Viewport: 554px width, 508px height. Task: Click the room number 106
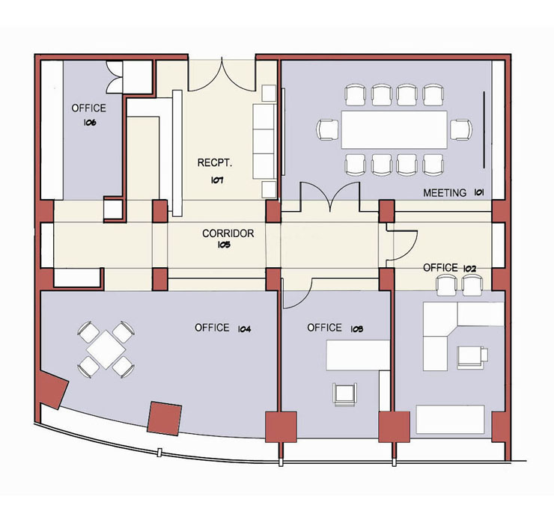coord(90,123)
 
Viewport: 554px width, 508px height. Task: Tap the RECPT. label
coord(215,163)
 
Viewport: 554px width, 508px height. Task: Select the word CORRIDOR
coord(228,233)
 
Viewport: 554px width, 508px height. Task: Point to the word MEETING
coord(445,193)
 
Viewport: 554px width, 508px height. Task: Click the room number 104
coord(244,329)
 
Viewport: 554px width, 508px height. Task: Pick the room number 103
coord(357,329)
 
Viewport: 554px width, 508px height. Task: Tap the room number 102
coord(469,269)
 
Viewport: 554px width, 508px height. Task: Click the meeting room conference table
coord(394,129)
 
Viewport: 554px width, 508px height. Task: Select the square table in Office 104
coord(106,349)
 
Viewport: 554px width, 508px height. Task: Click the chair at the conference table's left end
coord(328,130)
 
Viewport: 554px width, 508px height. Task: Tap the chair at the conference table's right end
coord(461,130)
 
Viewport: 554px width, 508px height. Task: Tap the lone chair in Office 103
coord(345,395)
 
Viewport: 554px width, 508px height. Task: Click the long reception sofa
coord(264,141)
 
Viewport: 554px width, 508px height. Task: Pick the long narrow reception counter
coord(177,153)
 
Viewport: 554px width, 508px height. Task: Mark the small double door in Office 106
coord(114,77)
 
